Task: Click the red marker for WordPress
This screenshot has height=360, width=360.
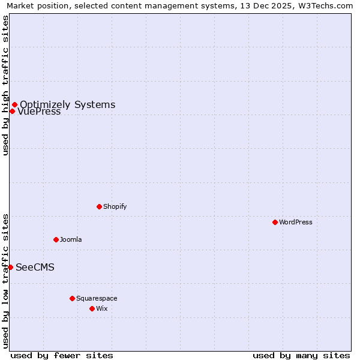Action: tap(275, 222)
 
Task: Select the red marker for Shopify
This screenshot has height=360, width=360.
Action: tap(99, 206)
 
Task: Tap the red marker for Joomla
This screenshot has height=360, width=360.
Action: tap(56, 239)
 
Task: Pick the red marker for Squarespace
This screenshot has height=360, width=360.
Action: tap(72, 298)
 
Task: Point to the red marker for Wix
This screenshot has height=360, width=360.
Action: tap(92, 308)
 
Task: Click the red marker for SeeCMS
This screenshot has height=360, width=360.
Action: tap(10, 267)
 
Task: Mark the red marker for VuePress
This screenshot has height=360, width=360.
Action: tap(12, 111)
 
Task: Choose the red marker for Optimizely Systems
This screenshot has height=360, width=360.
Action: tap(14, 104)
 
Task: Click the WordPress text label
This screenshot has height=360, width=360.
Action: tap(296, 222)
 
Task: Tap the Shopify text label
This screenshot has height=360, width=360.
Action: tap(115, 206)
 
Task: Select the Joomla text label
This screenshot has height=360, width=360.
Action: tap(71, 239)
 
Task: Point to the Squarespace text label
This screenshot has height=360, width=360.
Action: tap(97, 298)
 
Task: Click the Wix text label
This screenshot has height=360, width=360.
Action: tap(102, 308)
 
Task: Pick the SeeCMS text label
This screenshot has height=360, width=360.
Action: tap(35, 267)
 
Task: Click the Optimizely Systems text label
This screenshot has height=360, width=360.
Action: tap(67, 104)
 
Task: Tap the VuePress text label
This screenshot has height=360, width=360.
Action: tap(39, 112)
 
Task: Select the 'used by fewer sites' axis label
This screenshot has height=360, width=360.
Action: tap(62, 355)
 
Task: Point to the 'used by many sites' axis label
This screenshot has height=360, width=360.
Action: tap(301, 355)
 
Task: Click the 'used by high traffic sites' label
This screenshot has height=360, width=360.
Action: tap(5, 85)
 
